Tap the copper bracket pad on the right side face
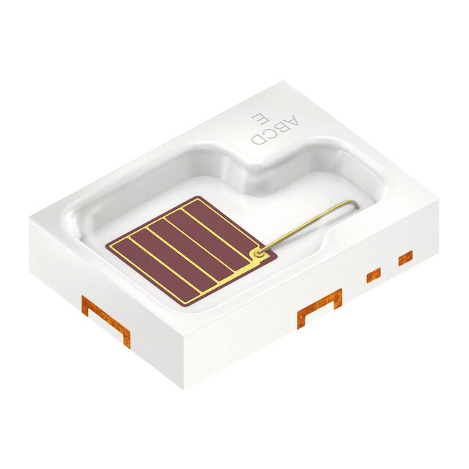[320, 308]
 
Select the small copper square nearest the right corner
[405, 258]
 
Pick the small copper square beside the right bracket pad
[374, 275]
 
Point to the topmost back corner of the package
[283, 82]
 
